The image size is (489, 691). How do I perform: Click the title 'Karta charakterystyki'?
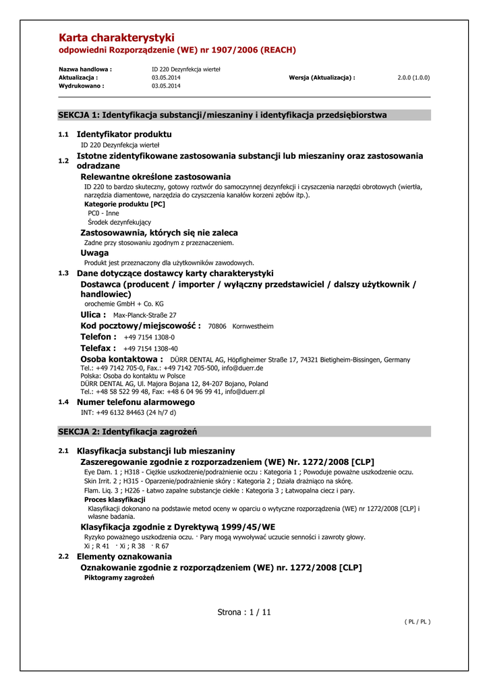[117, 38]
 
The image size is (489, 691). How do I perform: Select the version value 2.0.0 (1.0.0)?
[413, 78]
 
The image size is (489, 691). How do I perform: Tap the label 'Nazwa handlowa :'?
[85, 70]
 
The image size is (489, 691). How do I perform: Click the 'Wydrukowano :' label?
[82, 86]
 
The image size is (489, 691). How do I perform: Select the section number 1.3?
[63, 273]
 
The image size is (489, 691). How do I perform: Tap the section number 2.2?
[63, 557]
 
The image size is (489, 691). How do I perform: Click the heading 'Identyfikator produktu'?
[124, 134]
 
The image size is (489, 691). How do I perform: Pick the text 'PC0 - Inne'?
[103, 213]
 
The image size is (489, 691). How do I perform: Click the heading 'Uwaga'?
[94, 253]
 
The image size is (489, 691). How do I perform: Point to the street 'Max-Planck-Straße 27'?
[144, 315]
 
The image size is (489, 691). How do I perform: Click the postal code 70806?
[217, 326]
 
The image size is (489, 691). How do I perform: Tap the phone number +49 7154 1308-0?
[149, 337]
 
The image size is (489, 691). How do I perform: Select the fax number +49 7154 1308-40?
[151, 348]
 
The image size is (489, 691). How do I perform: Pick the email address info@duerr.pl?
[245, 391]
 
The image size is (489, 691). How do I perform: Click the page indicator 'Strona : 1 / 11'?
[244, 612]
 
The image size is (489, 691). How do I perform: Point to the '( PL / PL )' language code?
[417, 622]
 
